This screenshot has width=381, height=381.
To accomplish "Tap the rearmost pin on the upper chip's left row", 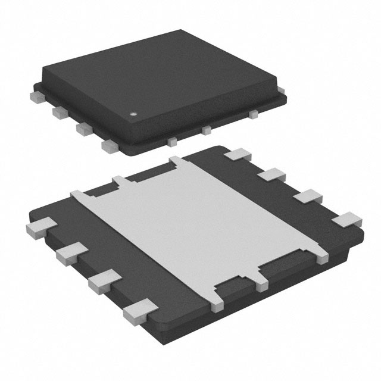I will pos(36,94).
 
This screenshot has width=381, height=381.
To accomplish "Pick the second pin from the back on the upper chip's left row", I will pos(59,110).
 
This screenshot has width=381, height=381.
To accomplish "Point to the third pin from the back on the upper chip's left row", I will pos(83,127).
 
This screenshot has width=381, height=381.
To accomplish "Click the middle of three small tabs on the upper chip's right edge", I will pos(207,129).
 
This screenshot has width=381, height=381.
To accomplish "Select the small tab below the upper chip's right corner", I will pos(254,112).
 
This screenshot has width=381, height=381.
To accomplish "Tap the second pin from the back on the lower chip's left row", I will pos(70,251).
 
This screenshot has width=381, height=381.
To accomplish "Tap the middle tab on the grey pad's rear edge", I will pos(122,181).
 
